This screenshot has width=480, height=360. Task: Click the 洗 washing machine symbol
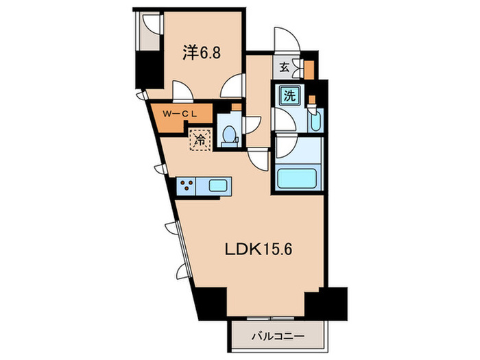click(289, 96)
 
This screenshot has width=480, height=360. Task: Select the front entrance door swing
click(283, 39)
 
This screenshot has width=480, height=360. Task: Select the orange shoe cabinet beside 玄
click(308, 69)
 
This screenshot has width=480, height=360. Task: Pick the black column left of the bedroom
click(146, 69)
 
